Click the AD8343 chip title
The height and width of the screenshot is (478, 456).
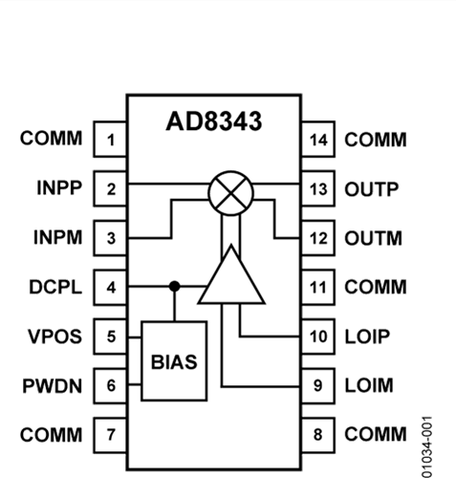click(x=214, y=121)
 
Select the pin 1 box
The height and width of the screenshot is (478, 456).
click(x=110, y=140)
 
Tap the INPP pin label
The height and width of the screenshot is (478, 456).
click(x=59, y=187)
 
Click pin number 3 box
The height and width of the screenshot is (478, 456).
click(x=110, y=238)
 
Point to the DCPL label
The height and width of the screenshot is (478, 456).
click(x=55, y=287)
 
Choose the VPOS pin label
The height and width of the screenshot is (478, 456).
click(x=54, y=337)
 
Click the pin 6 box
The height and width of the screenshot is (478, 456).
click(x=110, y=385)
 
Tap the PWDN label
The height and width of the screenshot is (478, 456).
click(x=53, y=386)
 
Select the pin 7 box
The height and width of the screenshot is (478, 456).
click(x=110, y=435)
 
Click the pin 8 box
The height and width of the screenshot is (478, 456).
click(x=318, y=435)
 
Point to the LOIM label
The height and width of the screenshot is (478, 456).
click(x=369, y=385)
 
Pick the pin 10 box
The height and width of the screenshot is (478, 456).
click(x=318, y=337)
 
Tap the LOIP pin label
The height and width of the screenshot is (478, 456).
click(x=367, y=337)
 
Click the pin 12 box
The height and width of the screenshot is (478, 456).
click(x=318, y=238)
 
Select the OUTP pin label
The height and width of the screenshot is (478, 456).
click(x=372, y=189)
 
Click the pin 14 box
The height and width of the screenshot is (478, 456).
click(x=318, y=140)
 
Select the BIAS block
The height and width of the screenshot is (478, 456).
click(x=174, y=361)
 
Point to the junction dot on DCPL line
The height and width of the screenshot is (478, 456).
click(x=174, y=287)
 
